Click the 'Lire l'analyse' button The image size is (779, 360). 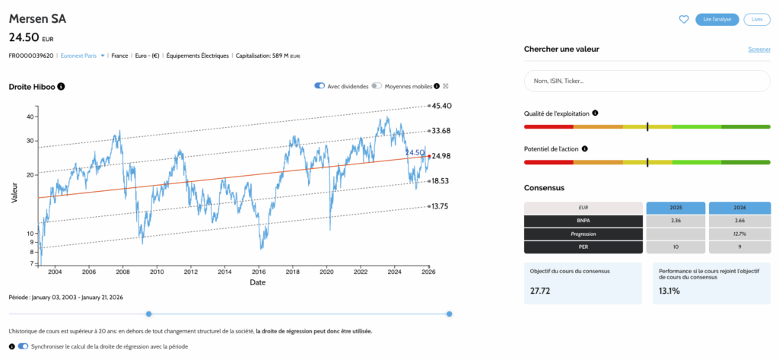click(x=717, y=19)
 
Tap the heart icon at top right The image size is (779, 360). click(x=683, y=19)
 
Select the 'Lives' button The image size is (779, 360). click(x=756, y=19)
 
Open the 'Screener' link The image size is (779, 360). click(x=759, y=49)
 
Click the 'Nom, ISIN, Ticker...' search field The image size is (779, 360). click(x=647, y=81)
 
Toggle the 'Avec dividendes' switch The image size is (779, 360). click(x=320, y=86)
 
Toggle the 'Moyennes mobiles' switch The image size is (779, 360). click(x=377, y=86)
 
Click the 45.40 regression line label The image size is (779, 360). click(x=443, y=106)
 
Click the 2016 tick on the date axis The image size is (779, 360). click(x=259, y=272)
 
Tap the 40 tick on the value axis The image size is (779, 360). click(x=30, y=116)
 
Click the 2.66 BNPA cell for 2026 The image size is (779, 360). click(x=739, y=221)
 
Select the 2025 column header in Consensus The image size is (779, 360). click(x=675, y=208)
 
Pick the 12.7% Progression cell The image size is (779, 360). click(x=739, y=234)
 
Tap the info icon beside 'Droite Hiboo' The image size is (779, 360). click(x=61, y=87)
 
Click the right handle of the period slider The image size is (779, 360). click(x=450, y=314)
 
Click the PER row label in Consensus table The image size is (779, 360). click(x=583, y=247)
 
